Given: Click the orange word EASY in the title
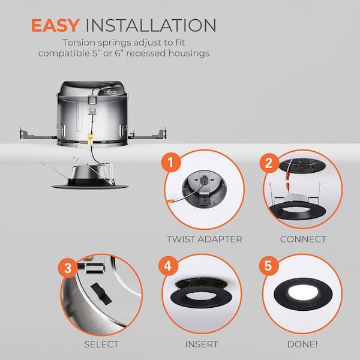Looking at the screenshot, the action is pos(55,25).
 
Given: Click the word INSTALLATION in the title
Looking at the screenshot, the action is pos(151,25).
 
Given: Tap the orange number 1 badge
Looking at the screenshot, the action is pos(171,163).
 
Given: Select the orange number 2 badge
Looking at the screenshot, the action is pos(269,163).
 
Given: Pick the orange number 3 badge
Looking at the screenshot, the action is pos(68,268).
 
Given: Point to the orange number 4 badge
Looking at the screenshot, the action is pos(168,266).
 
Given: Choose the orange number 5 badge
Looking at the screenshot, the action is pos(269,266).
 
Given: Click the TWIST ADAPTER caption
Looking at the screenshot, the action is pos(204,239).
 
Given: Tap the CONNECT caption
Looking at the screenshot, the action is pos(303,239).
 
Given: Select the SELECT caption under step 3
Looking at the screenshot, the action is pos(101,344).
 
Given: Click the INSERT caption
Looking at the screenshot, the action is pos(202,344).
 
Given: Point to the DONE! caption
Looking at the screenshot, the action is pos(302,344).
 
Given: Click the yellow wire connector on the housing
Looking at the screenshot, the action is pos(90,139).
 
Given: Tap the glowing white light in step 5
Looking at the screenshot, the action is pos(303,292).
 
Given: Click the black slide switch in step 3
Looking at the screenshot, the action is pos(101,293).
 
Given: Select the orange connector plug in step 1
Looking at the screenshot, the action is pos(171,202).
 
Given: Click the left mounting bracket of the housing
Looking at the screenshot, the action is pos(38,134).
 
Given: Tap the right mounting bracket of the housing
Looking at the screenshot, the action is pos(147,134).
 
